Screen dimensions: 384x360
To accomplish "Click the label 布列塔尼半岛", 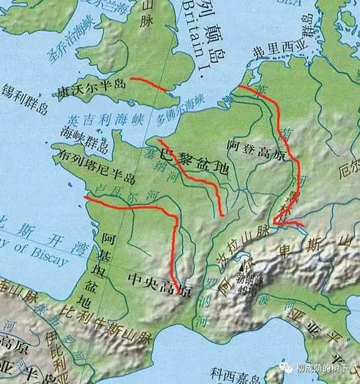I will point(94,175).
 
